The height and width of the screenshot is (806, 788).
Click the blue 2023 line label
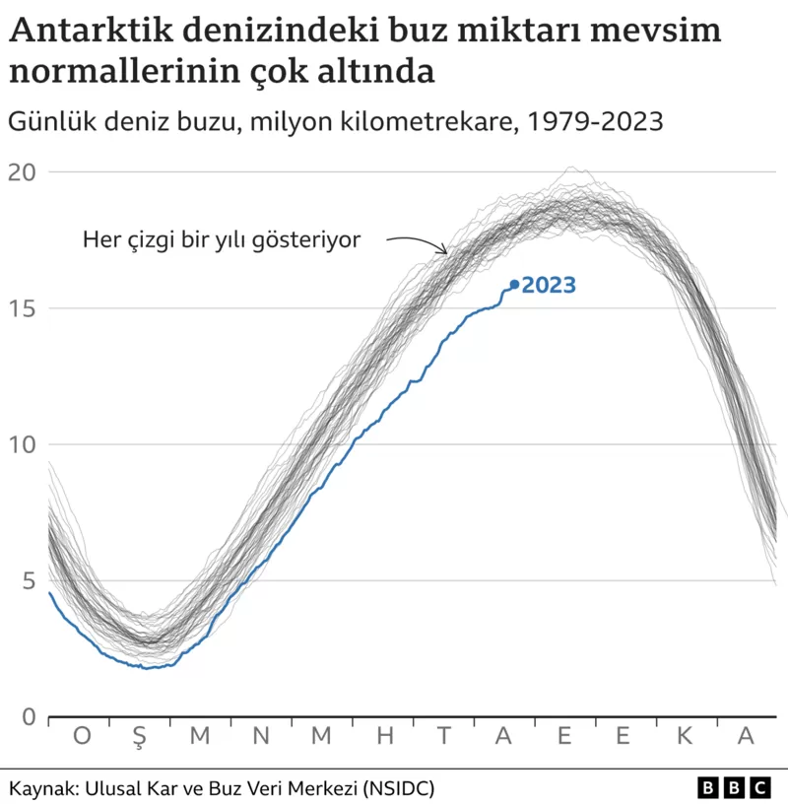pos(549,286)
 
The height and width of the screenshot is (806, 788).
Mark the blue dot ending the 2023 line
pos(514,285)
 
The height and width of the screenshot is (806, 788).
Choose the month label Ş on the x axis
pos(140,737)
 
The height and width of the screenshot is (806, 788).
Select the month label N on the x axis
pos(261,736)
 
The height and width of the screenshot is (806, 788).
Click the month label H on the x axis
pos(385,736)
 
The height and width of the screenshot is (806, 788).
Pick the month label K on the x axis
pos(686,736)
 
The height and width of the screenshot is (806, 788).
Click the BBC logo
pos(734,788)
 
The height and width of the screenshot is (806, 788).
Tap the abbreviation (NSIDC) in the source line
pos(398,788)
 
